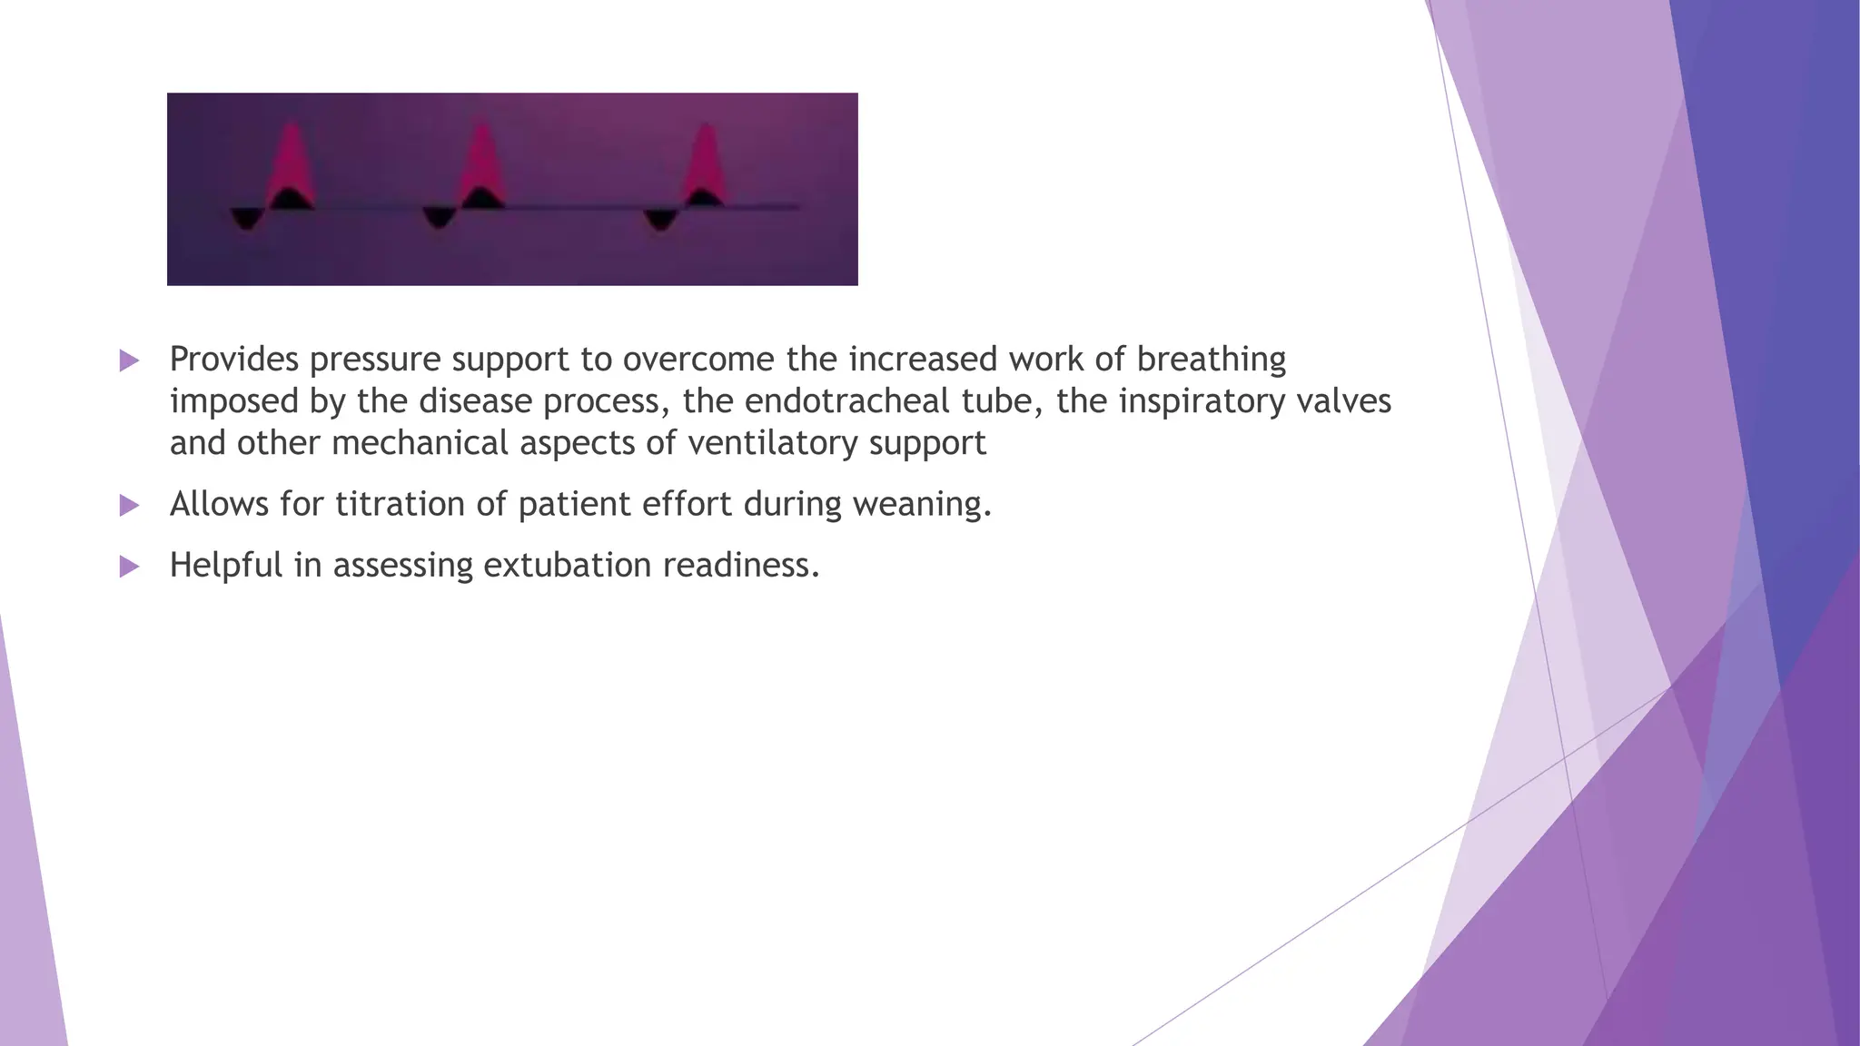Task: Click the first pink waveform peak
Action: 292,163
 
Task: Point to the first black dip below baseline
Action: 245,218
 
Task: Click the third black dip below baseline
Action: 660,220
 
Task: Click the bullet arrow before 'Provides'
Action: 130,360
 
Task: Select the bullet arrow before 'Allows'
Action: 130,506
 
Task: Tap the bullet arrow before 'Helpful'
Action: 130,567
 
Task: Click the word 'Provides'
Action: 233,360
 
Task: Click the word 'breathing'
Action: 1211,360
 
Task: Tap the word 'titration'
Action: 400,504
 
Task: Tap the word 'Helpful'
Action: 226,565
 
